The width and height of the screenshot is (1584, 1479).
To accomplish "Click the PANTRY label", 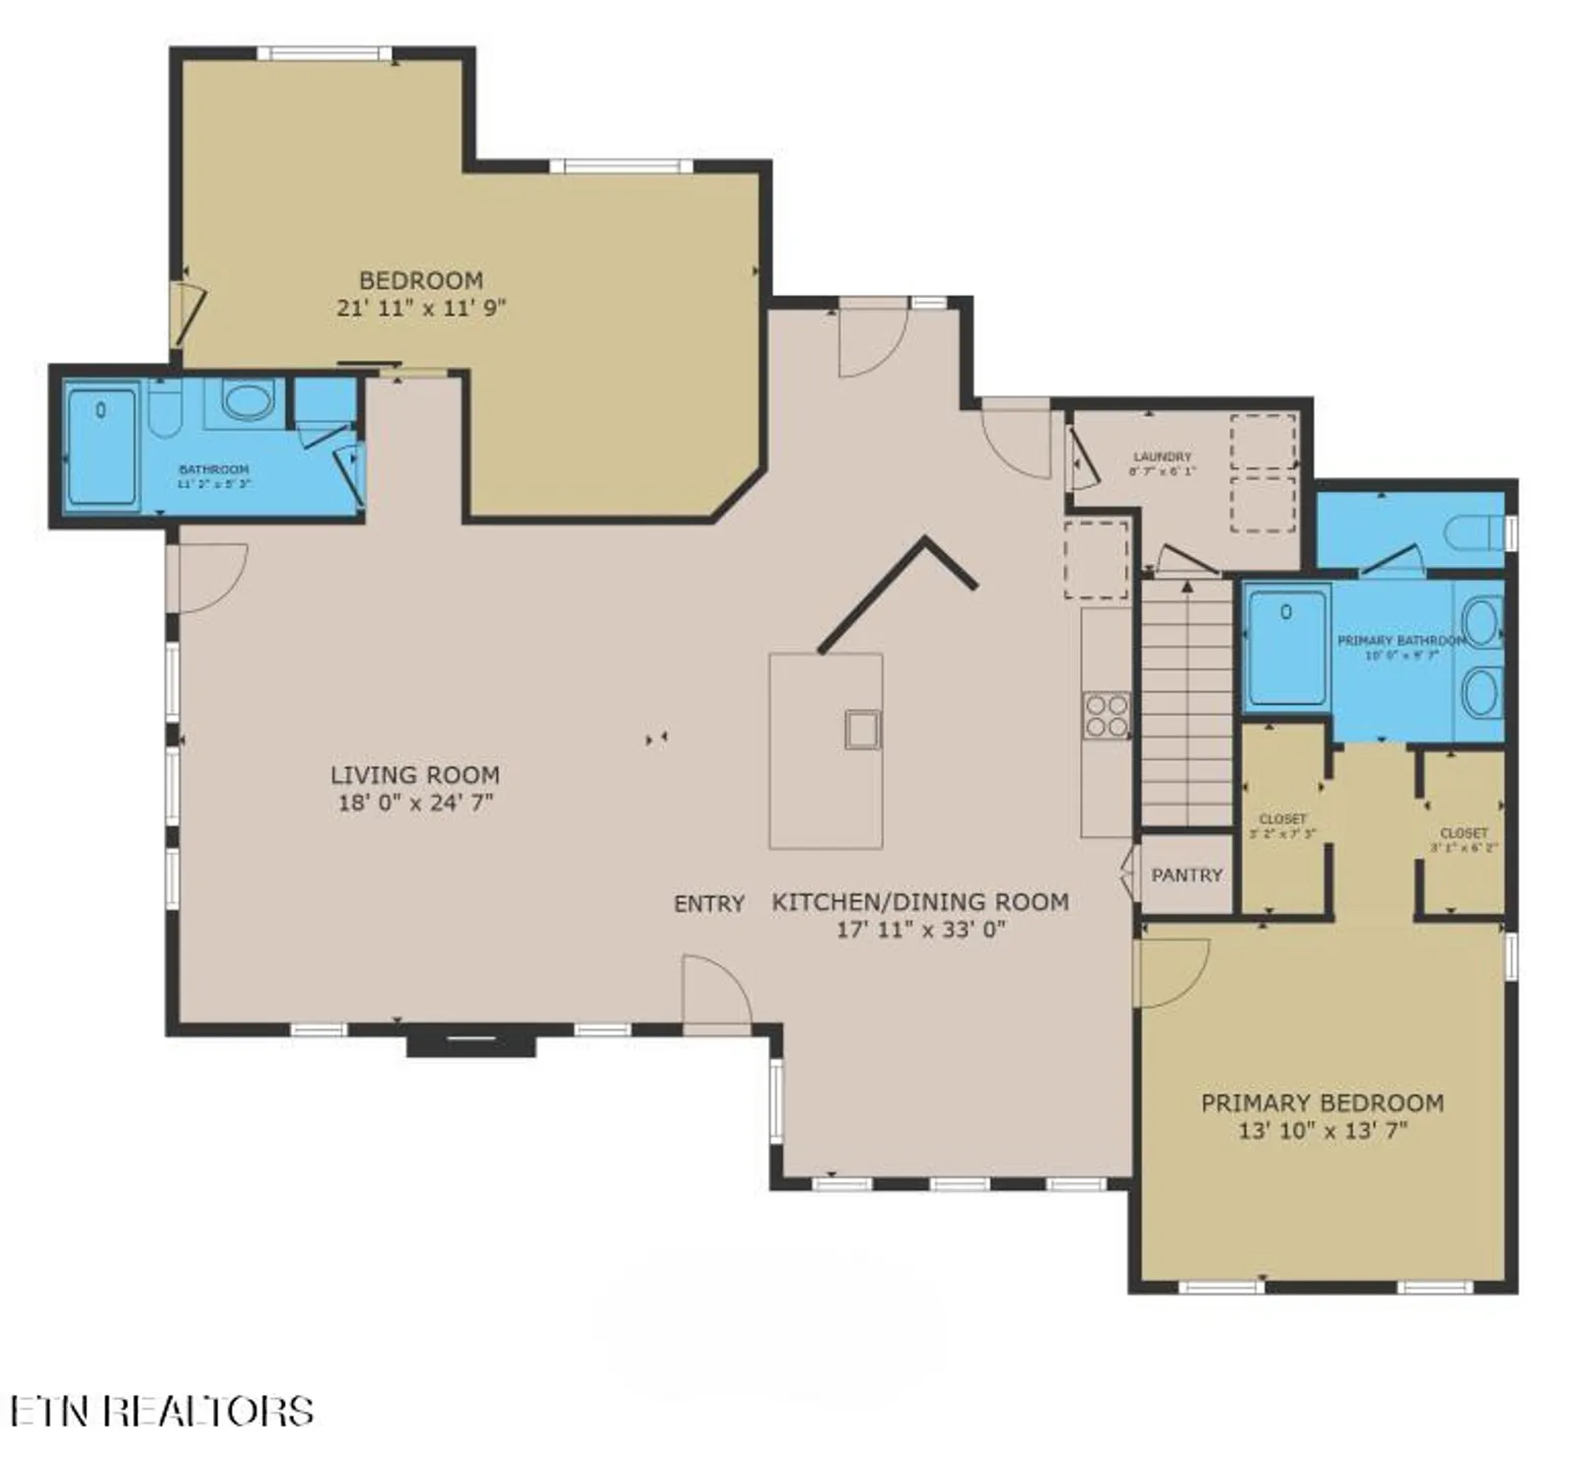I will (x=1187, y=875).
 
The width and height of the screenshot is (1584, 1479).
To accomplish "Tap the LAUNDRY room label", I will (x=1162, y=457).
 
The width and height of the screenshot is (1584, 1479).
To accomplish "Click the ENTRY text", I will (x=708, y=903).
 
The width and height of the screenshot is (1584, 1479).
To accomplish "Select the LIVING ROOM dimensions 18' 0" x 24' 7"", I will (x=415, y=803).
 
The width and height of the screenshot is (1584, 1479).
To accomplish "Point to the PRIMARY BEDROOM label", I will (x=1322, y=1102).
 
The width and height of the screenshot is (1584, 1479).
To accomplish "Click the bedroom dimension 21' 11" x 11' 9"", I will (x=421, y=308).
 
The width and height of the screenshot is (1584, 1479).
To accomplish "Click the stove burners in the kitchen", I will (x=1106, y=716).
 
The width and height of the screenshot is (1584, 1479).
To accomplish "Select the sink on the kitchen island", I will (x=862, y=730).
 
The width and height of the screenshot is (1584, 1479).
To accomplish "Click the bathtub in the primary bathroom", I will (x=1286, y=646).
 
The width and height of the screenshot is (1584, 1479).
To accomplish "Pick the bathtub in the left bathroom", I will (x=102, y=446).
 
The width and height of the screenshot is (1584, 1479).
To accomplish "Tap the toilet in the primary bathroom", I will (x=1474, y=532).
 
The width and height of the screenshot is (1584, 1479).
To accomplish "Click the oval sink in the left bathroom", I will (x=247, y=400).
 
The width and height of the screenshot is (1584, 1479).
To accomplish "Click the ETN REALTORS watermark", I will (x=163, y=1411).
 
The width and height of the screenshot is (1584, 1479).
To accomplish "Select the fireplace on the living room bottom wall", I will (x=471, y=1041).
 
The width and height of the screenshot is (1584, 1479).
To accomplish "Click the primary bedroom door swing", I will (x=1172, y=971).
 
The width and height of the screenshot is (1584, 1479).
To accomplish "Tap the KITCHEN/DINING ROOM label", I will (x=919, y=901).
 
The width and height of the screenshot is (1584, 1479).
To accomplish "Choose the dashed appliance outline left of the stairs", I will (x=1095, y=559).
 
